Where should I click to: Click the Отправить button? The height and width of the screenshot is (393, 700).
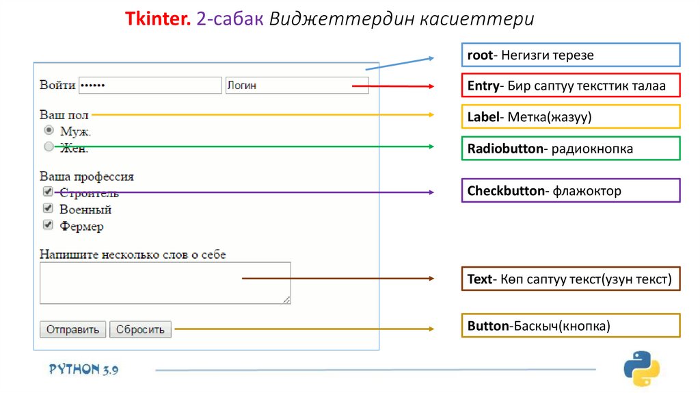(73, 329)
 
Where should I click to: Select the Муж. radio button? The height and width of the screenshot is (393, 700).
(49, 129)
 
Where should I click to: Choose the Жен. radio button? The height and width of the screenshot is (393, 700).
(49, 146)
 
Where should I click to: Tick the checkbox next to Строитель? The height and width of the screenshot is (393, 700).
(48, 192)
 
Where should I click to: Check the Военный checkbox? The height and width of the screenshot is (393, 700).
(48, 208)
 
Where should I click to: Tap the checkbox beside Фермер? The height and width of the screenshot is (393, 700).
(48, 225)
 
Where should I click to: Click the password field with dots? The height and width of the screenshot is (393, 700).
(150, 86)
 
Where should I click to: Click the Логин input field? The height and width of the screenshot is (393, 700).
(297, 86)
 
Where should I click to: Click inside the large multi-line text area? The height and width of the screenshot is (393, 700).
(165, 283)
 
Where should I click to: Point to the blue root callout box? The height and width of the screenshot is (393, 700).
(570, 55)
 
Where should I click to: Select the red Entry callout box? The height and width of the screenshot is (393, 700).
(570, 86)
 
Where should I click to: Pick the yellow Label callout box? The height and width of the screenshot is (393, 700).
(570, 117)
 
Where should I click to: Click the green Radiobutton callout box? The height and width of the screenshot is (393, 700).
(570, 149)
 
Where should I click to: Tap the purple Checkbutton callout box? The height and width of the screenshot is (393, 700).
(570, 191)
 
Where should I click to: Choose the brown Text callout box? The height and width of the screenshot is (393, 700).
(570, 279)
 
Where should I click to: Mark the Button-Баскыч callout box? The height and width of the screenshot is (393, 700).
(570, 326)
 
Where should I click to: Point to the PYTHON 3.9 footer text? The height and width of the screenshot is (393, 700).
(83, 369)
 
